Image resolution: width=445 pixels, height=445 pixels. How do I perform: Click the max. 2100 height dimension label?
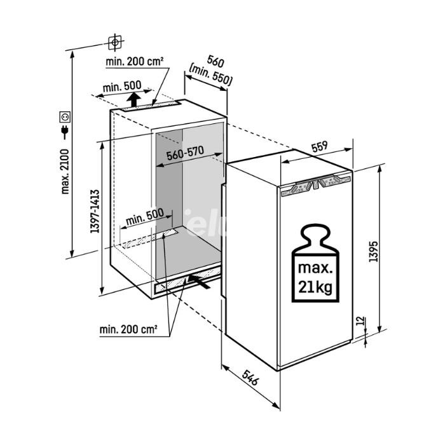[65, 172]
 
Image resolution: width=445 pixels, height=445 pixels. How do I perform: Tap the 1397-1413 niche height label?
[95, 212]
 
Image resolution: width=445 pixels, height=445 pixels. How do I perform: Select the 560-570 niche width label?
[185, 153]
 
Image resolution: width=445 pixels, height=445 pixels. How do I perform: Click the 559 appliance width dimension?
[320, 147]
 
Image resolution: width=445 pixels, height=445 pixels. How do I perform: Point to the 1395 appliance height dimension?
[374, 251]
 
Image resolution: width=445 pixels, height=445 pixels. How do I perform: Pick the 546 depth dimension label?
[250, 378]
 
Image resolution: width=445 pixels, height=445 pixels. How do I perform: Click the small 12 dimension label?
[360, 321]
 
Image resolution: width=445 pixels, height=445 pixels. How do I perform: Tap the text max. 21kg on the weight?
[315, 278]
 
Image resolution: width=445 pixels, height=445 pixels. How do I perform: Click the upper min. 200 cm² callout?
[135, 61]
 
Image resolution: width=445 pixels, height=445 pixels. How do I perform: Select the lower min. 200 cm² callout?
[128, 329]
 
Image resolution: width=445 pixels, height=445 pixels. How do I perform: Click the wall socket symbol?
[65, 117]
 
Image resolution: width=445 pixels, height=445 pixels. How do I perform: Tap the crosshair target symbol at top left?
[115, 43]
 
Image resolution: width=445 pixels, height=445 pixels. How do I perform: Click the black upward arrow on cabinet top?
[133, 100]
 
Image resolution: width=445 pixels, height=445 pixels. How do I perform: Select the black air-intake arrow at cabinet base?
[200, 281]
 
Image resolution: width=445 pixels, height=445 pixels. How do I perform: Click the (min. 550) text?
[210, 76]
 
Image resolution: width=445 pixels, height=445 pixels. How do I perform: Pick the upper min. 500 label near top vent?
[122, 86]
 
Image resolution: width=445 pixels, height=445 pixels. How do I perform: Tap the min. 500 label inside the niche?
[144, 217]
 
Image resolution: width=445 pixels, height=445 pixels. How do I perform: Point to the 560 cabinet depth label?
[216, 61]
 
